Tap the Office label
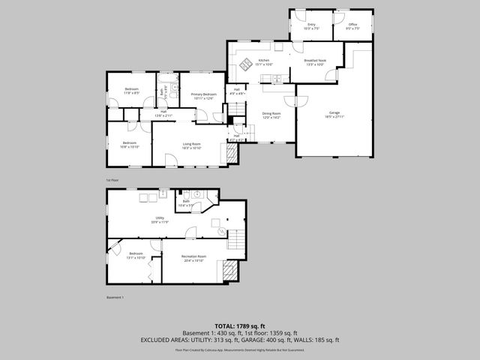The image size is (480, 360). tap(353, 26)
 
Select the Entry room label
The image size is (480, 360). tap(311, 26)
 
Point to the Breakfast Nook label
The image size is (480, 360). tap(314, 62)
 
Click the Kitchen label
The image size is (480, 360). tap(264, 62)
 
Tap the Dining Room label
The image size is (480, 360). tap(271, 115)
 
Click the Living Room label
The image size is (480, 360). tap(192, 145)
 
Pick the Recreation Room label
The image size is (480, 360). tap(193, 259)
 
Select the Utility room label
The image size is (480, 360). tap(159, 220)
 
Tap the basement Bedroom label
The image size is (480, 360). tap(135, 256)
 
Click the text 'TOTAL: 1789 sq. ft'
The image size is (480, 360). tap(240, 326)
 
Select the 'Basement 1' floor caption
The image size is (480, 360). tap(115, 298)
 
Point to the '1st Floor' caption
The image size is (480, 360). tap(112, 180)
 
